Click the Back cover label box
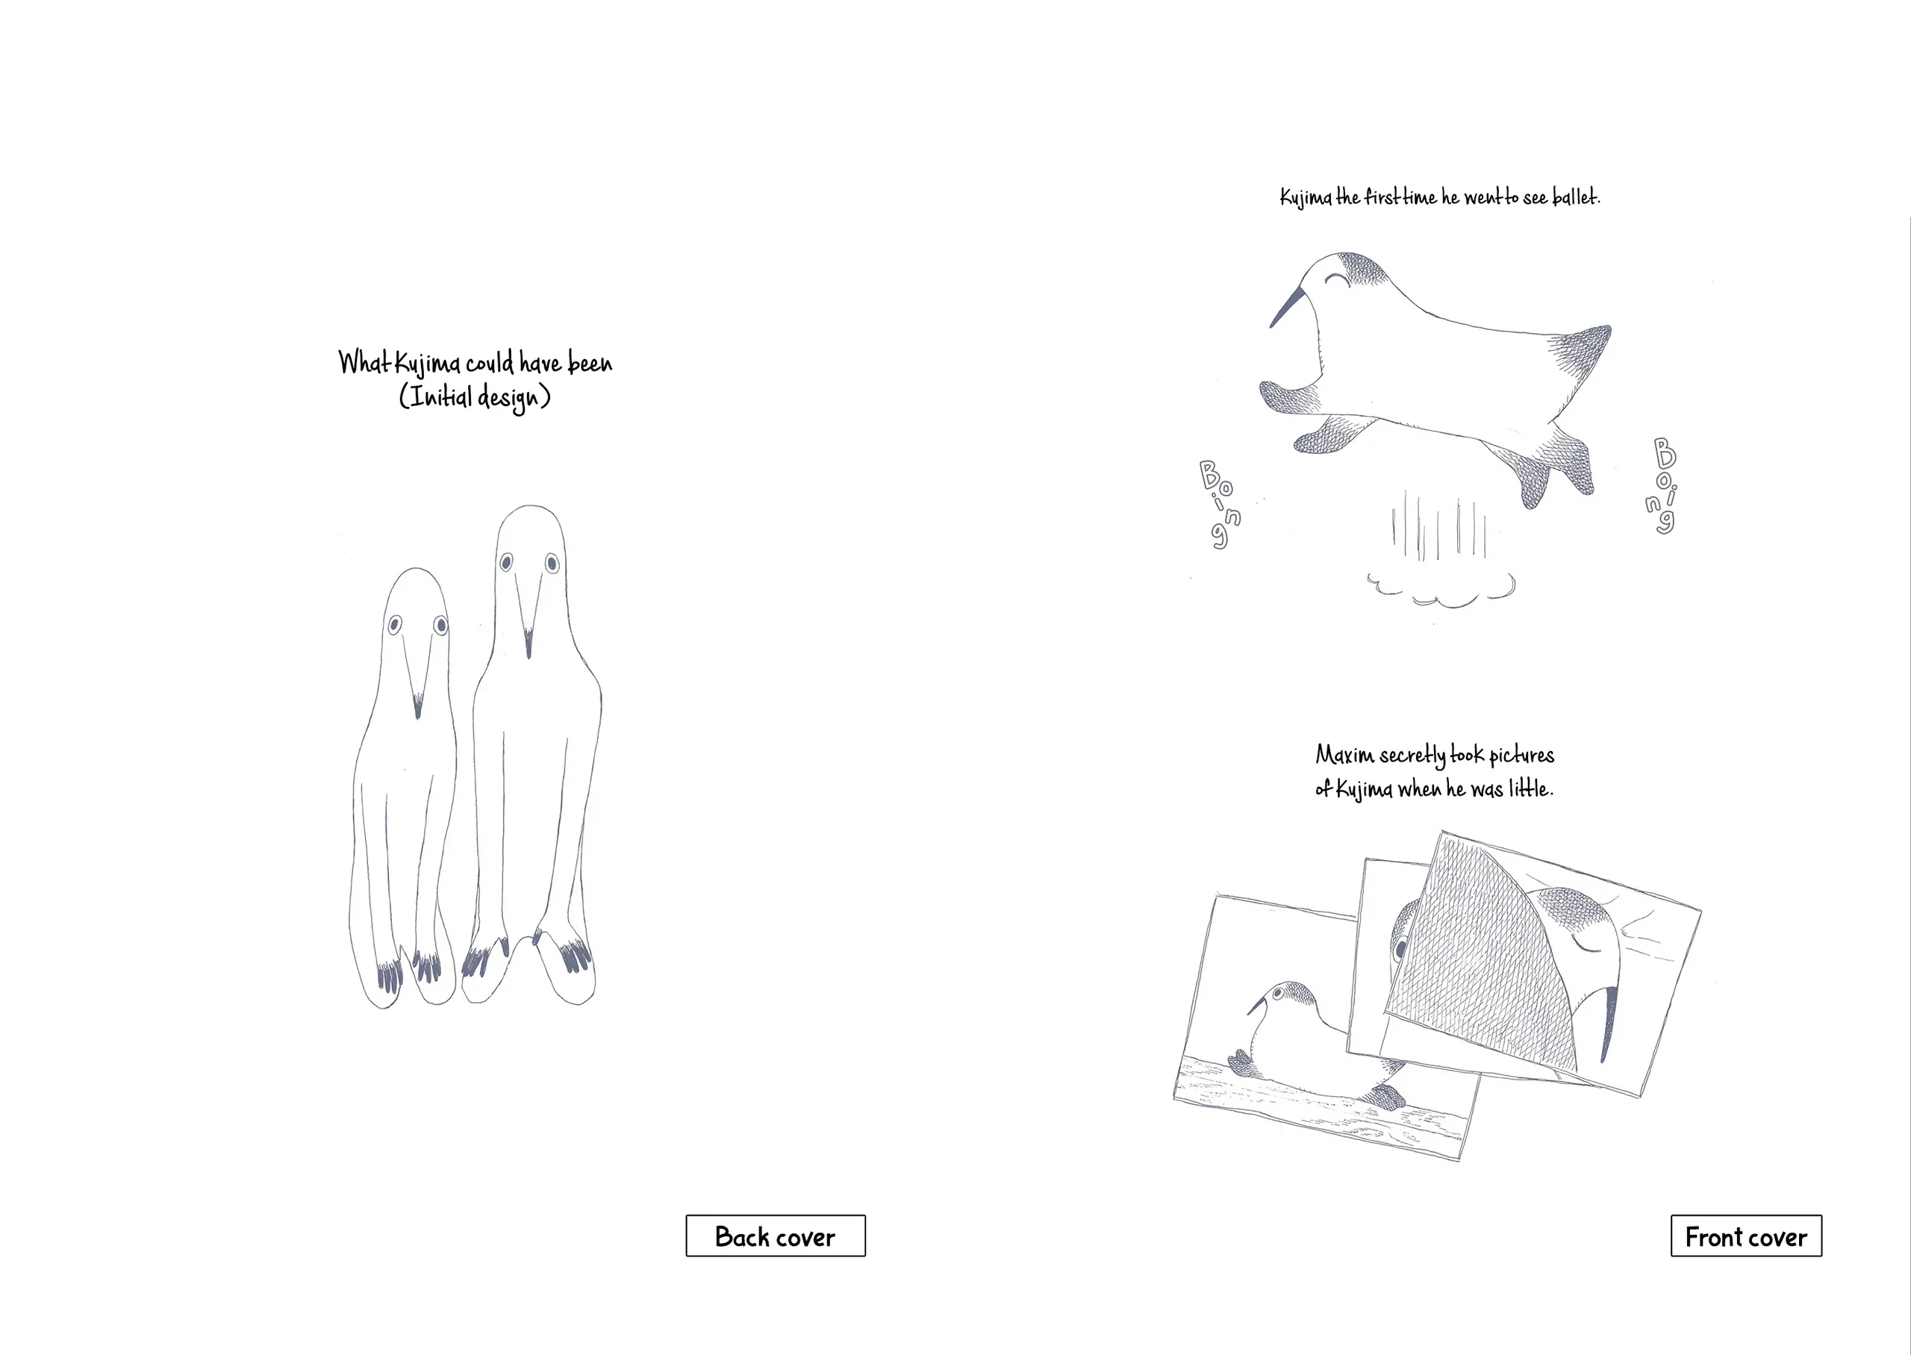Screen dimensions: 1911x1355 pos(775,1236)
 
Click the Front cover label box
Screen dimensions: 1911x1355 pos(1746,1236)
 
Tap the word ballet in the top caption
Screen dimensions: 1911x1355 pos(1576,197)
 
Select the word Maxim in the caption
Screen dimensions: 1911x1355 pos(1344,755)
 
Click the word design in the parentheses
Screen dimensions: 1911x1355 pos(508,397)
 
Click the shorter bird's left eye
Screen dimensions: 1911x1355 pos(395,624)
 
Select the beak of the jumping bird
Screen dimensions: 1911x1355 pos(1285,307)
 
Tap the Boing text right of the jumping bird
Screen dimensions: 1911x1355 pos(1662,485)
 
